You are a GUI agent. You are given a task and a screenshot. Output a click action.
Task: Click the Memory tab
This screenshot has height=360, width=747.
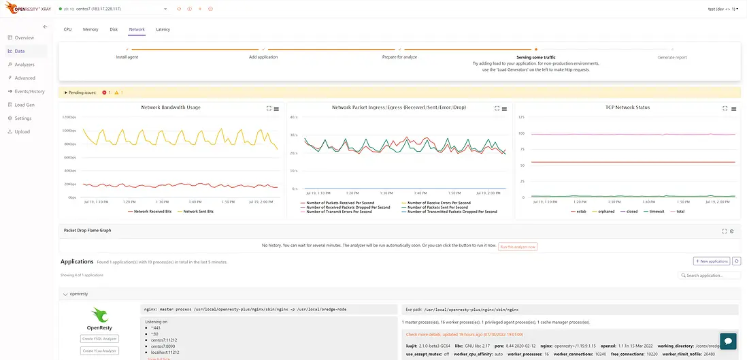coord(90,29)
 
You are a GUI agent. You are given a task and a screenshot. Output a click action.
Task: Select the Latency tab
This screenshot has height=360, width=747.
coord(163,29)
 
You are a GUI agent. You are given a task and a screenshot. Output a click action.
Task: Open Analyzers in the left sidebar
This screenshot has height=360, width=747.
coord(24,65)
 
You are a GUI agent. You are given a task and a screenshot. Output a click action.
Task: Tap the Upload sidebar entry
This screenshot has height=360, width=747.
coord(22,131)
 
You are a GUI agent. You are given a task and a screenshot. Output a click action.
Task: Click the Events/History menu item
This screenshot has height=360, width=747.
coord(29,91)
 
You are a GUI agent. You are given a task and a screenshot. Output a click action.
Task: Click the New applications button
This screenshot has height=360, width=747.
coord(712,261)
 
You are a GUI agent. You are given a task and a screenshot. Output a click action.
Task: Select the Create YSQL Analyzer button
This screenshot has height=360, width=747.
coord(100,338)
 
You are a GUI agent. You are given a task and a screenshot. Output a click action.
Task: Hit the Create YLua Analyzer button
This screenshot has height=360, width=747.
coord(100,350)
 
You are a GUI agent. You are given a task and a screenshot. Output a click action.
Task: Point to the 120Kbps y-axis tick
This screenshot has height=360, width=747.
coord(69,118)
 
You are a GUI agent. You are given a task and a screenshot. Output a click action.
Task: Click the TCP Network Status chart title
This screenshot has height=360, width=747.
coord(627,108)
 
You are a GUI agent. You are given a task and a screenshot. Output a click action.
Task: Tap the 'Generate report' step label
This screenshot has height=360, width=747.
coord(671,57)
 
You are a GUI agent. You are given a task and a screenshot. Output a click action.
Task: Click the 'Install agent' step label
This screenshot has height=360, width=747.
coord(127,57)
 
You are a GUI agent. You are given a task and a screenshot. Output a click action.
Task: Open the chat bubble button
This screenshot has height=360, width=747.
coord(728,340)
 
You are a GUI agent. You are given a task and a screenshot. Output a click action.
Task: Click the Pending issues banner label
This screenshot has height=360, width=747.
coord(82,92)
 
